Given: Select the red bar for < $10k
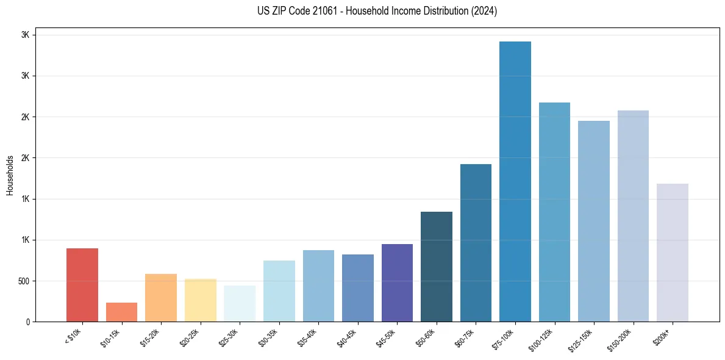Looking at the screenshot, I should [x=82, y=285].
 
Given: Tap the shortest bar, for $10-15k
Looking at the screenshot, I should [x=121, y=312].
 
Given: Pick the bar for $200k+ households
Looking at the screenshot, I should [x=673, y=253].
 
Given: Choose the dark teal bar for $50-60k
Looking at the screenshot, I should [x=437, y=267].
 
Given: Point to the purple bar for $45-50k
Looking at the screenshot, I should [x=397, y=283].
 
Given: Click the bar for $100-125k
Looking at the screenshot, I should [x=554, y=212].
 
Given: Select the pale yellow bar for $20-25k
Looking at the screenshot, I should [x=201, y=300].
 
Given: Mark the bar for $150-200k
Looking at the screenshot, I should [x=633, y=216].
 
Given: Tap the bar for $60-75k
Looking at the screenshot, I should [x=476, y=243].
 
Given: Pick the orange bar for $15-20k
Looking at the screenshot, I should [x=161, y=298].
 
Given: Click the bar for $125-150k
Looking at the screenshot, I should [x=594, y=221].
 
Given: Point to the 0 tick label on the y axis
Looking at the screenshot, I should [x=27, y=322].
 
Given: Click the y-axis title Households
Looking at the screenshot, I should [x=10, y=175].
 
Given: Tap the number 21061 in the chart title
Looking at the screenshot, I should [x=316, y=11].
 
